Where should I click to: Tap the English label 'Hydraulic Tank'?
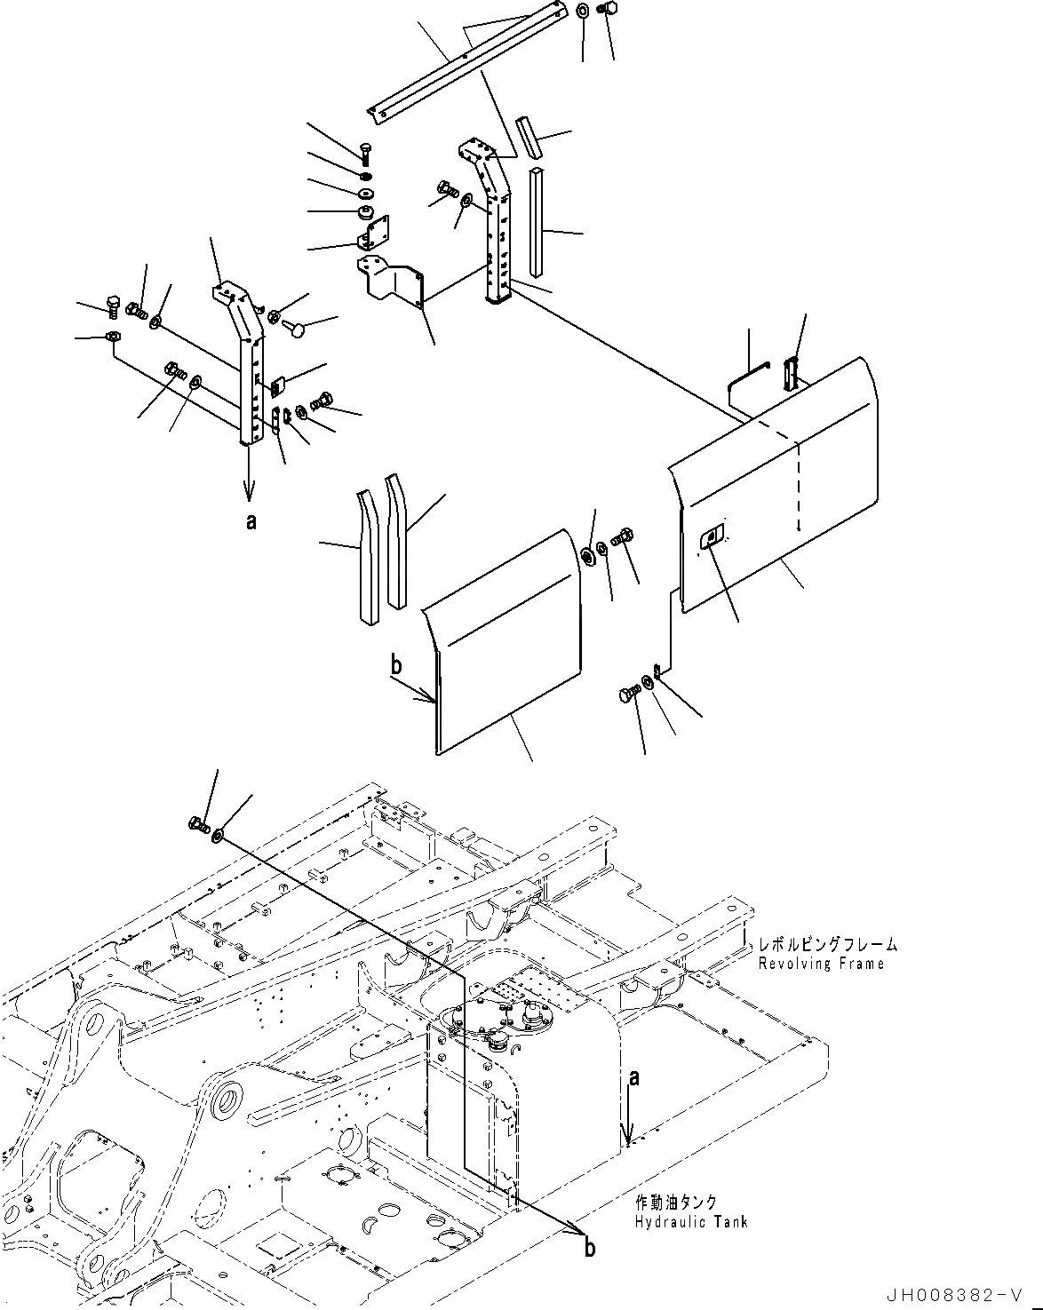tap(690, 1222)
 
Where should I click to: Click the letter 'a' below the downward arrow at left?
tap(251, 523)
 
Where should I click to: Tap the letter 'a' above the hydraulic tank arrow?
tap(633, 1077)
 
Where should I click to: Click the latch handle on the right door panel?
tap(713, 536)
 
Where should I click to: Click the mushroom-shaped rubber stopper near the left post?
tap(295, 329)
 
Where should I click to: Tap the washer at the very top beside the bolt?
tap(582, 12)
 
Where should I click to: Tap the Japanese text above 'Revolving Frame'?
tap(826, 946)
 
